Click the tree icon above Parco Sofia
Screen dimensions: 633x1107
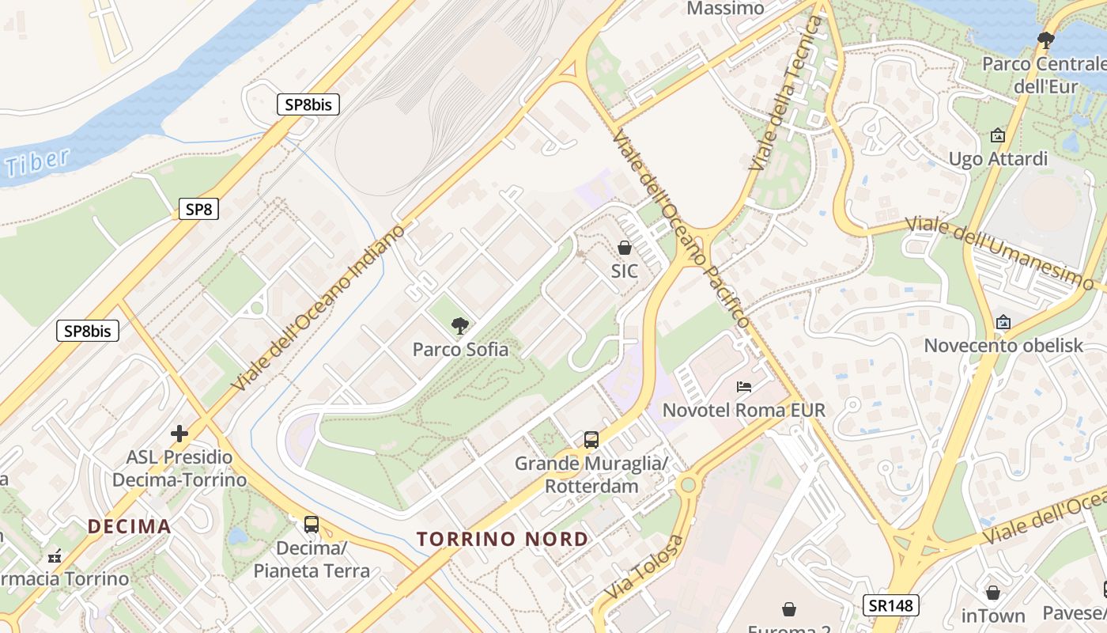[459, 325]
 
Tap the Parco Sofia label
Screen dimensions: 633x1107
[460, 349]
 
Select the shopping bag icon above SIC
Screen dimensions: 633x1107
[624, 248]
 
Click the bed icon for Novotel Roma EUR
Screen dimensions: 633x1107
[744, 387]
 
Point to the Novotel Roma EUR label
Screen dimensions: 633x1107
[743, 410]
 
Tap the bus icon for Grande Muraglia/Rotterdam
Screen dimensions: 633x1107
[591, 440]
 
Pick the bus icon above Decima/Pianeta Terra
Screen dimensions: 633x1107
[312, 524]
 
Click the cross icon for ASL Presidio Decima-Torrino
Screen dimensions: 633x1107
[179, 434]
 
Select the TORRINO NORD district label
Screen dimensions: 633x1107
[502, 540]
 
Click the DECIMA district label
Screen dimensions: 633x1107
[129, 526]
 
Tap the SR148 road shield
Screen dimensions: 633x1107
[890, 605]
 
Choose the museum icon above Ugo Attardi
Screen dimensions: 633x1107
[997, 135]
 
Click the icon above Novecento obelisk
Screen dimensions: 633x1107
[1003, 322]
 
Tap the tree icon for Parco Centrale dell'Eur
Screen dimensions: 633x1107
[1046, 40]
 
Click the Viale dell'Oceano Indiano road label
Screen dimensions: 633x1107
[319, 307]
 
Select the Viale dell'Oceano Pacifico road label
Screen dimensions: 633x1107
[681, 228]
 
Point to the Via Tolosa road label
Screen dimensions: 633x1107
[644, 567]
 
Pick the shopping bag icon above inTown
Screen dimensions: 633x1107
[992, 593]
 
